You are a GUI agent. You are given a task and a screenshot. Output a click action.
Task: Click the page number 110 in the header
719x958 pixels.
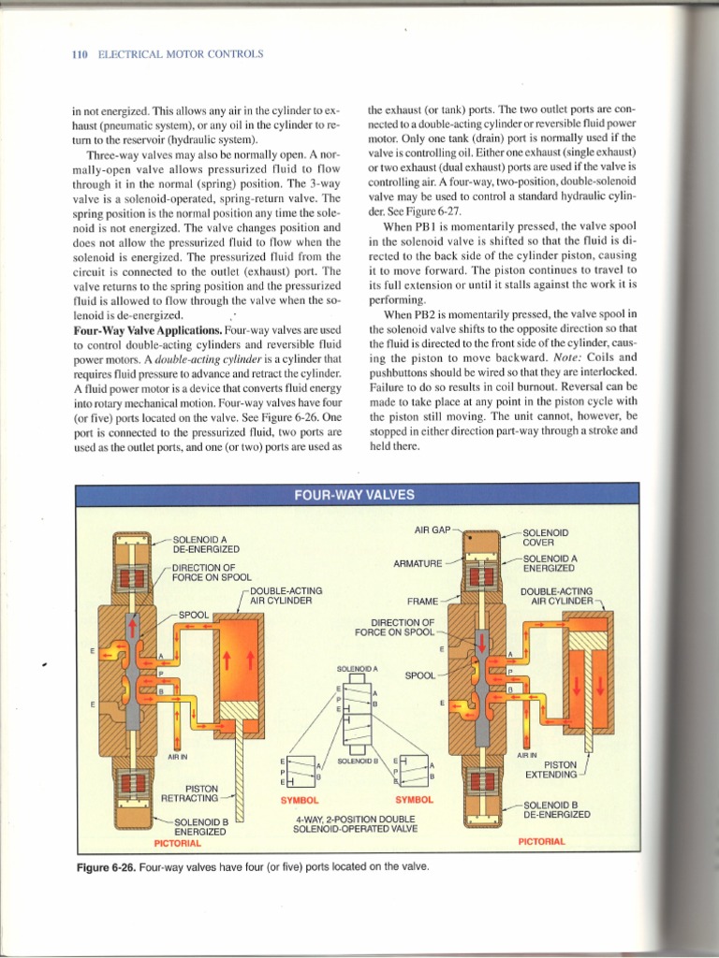click(79, 55)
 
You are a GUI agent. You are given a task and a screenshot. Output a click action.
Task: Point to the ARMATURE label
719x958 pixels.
click(418, 563)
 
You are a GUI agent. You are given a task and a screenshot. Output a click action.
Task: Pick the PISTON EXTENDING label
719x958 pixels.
click(550, 769)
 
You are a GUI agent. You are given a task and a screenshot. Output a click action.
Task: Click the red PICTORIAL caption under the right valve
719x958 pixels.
click(542, 841)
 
